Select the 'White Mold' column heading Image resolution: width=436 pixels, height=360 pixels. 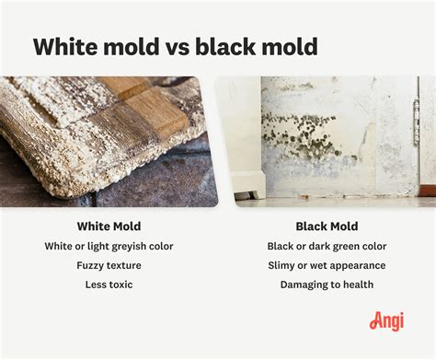coord(109,226)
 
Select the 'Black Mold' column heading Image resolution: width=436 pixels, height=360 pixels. coord(327,226)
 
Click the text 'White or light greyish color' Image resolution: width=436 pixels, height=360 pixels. coord(109,246)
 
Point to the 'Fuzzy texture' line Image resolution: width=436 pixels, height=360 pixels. coord(109,265)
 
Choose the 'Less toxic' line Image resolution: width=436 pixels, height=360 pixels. coord(109,285)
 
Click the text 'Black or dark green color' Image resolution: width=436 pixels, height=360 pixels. coord(327,246)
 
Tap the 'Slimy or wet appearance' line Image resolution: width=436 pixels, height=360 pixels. coord(327,265)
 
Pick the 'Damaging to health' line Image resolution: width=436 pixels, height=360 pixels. coord(327,285)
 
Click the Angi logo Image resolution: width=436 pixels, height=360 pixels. coord(386,321)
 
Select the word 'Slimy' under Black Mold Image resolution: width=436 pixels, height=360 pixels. coord(285,265)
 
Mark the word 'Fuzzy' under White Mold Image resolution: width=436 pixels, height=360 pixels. coord(91,265)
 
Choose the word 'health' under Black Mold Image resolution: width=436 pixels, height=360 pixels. coord(355,285)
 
